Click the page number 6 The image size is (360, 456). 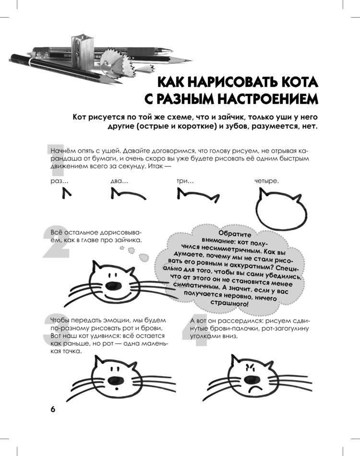(x=52, y=409)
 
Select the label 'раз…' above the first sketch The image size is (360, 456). (x=59, y=182)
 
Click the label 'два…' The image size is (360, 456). (x=119, y=182)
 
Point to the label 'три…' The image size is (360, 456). (x=185, y=182)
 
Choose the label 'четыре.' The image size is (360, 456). (x=266, y=182)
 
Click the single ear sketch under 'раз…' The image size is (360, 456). (x=66, y=194)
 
